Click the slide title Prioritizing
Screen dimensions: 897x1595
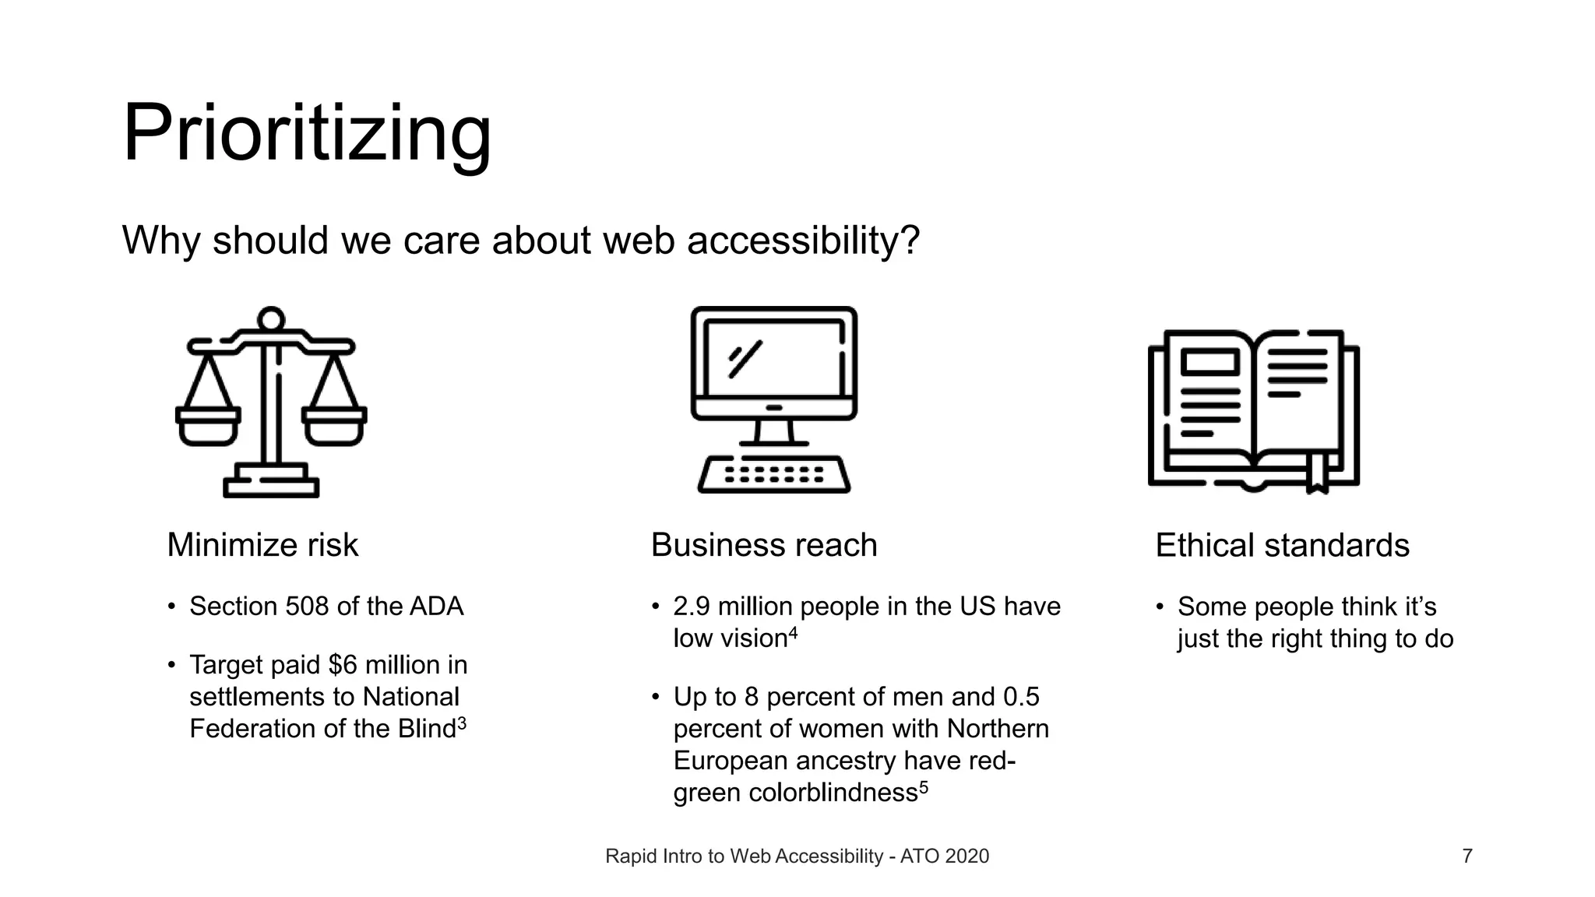[307, 134]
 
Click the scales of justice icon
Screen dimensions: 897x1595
[271, 402]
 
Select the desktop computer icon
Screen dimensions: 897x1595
[774, 399]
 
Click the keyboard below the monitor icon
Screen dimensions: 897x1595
[774, 474]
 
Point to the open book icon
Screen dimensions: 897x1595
[1253, 411]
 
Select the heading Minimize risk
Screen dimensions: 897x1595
[262, 545]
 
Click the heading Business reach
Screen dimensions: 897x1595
[763, 545]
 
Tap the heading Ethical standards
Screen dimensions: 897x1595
[1282, 545]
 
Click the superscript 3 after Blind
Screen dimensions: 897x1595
[462, 723]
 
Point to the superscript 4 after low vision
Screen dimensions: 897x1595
[793, 633]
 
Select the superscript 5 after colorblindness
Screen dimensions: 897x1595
[924, 787]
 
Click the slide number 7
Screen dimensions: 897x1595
[1467, 857]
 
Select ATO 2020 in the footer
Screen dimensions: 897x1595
[944, 857]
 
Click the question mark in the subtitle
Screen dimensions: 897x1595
[911, 240]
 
